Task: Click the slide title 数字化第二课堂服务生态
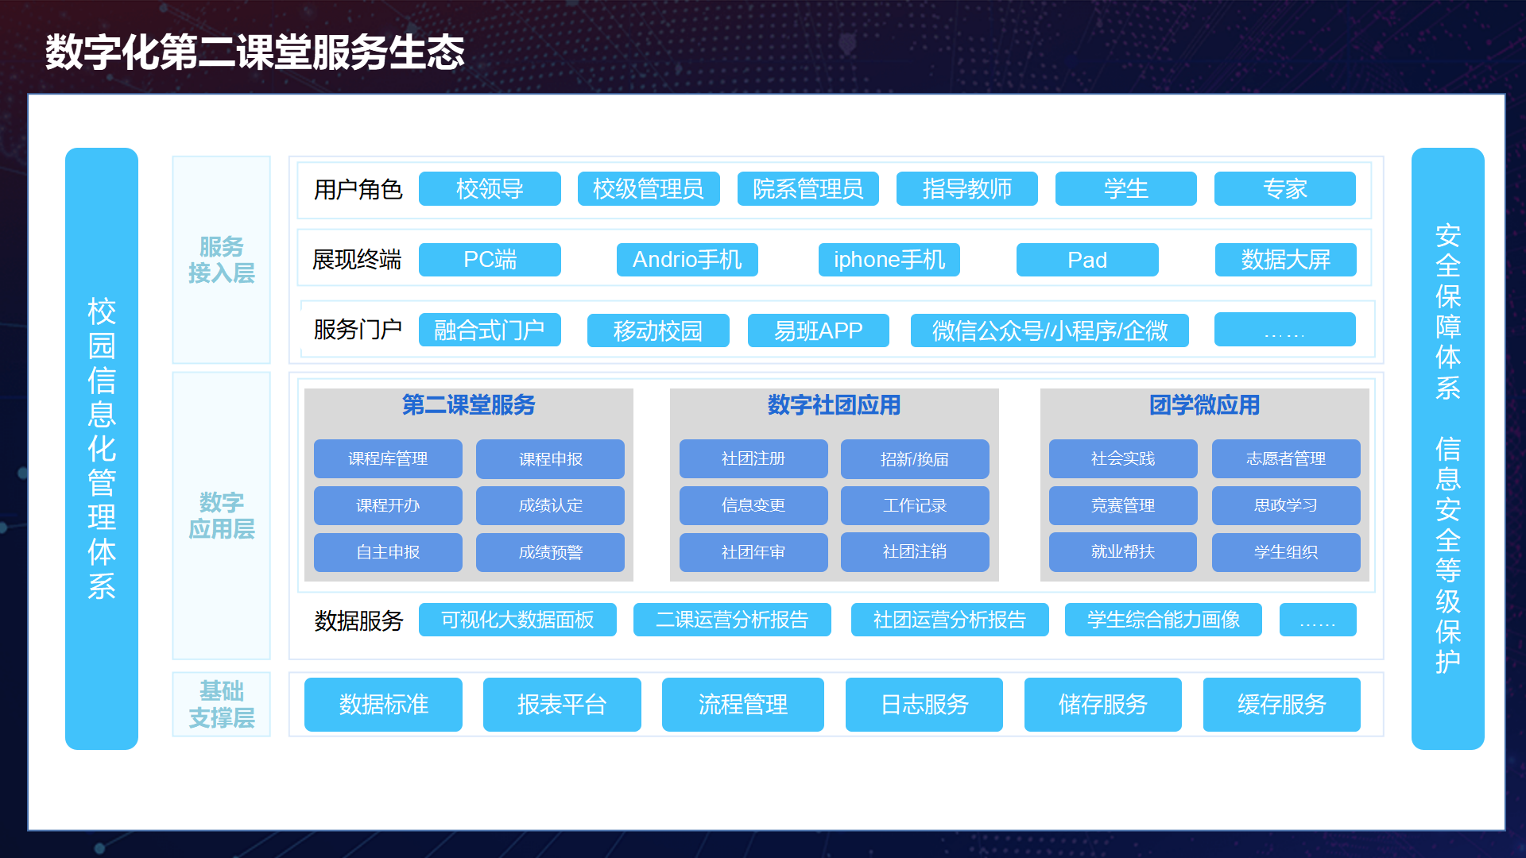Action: tap(254, 52)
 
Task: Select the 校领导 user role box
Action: tap(490, 189)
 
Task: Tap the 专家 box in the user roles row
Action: tap(1285, 189)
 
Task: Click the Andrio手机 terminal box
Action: tap(687, 260)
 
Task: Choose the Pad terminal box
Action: tap(1087, 260)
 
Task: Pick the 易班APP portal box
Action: tap(819, 330)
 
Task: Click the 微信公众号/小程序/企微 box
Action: tap(1050, 330)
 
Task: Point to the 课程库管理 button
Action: tap(388, 459)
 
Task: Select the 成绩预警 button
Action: tap(550, 552)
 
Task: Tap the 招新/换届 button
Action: tap(915, 459)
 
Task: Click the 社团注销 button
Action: tap(915, 552)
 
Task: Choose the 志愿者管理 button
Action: tap(1286, 459)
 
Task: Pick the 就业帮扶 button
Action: tap(1123, 552)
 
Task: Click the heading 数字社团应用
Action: tap(834, 405)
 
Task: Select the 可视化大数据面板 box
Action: tap(517, 620)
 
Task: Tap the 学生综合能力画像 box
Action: tap(1164, 620)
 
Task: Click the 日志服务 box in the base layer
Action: tap(924, 705)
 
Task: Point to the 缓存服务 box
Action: tap(1282, 705)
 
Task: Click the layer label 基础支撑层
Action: tap(222, 705)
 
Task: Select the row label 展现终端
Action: tap(357, 260)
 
